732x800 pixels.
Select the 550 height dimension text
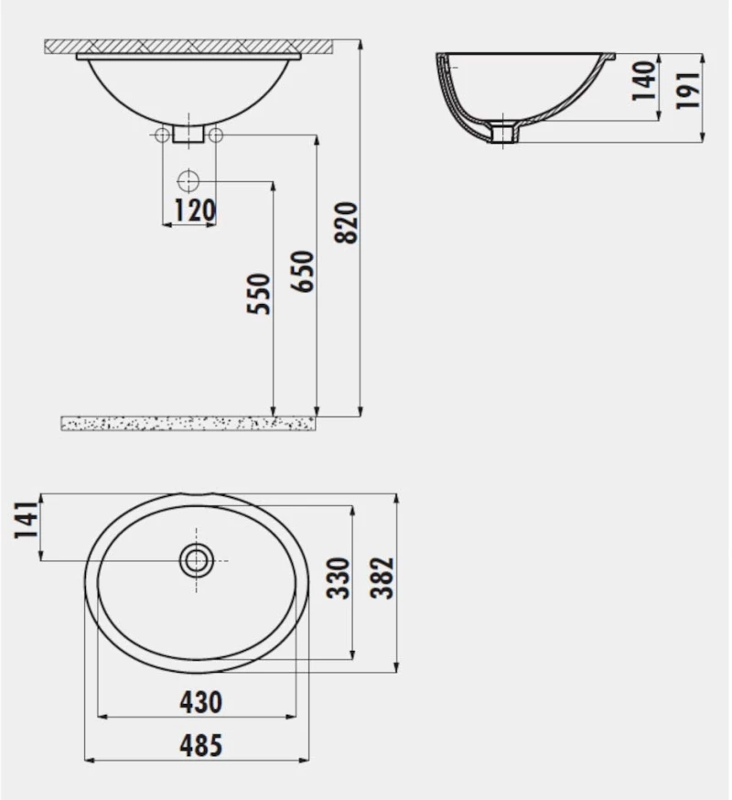tap(259, 294)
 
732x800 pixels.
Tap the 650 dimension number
tap(303, 272)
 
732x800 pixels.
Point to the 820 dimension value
tap(347, 223)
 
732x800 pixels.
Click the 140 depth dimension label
tap(644, 81)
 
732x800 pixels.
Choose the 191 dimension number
tap(687, 91)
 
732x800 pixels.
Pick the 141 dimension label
tap(26, 520)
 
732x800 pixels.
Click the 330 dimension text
tap(338, 578)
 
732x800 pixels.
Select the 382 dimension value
tap(382, 578)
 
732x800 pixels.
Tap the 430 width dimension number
tap(201, 703)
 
